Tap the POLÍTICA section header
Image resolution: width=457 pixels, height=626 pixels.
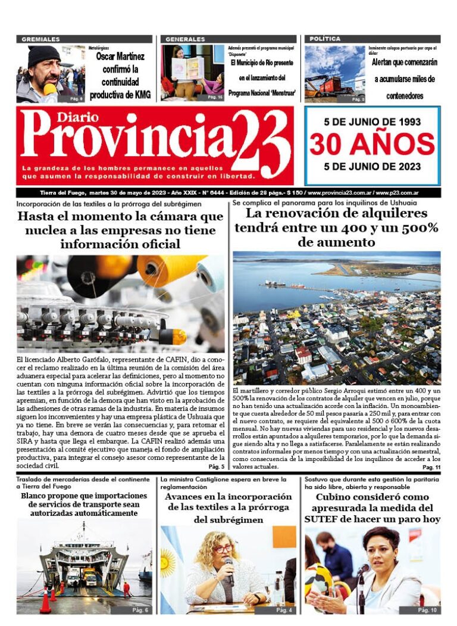click(325, 39)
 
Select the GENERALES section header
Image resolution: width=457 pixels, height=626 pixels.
click(186, 39)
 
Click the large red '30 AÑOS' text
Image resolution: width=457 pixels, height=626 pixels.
click(372, 144)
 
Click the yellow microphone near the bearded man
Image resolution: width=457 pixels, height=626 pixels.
click(49, 90)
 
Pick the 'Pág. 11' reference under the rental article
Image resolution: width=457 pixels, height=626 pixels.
click(431, 468)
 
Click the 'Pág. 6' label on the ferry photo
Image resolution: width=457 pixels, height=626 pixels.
click(140, 610)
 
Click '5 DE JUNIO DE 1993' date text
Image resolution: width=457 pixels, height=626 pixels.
click(372, 122)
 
